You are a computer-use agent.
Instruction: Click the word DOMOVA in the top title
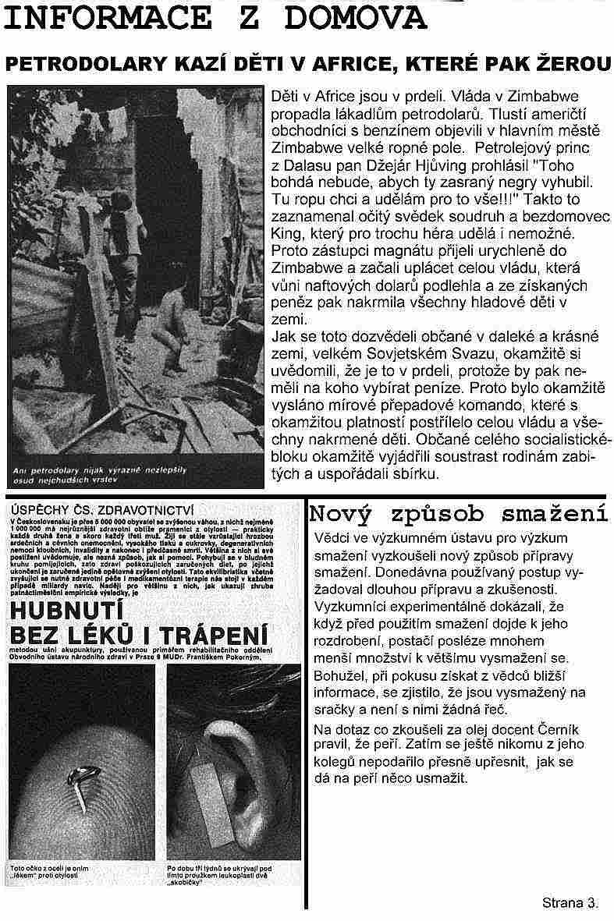pos(367,17)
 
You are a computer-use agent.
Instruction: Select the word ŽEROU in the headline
pos(569,65)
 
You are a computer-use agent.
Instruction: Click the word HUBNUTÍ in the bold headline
pos(69,606)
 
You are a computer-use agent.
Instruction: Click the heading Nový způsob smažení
pos(459,514)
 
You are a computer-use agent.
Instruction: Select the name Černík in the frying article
pos(531,729)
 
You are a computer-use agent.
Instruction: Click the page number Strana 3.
pos(570,903)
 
